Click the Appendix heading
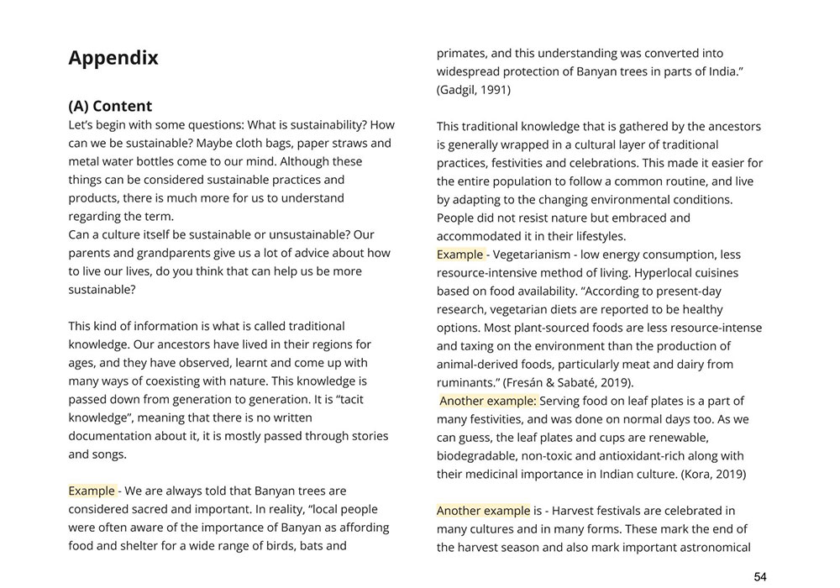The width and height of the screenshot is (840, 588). (113, 58)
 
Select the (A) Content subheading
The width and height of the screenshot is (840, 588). (110, 106)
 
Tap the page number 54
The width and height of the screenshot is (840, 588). (759, 576)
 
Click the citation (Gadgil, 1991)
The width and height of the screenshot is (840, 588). (473, 90)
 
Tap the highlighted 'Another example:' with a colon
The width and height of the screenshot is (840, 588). (487, 401)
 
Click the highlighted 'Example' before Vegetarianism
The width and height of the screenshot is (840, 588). (459, 255)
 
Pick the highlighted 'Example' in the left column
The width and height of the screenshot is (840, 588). (92, 491)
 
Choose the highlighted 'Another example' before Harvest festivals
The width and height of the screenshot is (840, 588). (483, 511)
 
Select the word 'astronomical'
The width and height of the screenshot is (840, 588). (711, 548)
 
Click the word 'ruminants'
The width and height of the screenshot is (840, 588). (465, 382)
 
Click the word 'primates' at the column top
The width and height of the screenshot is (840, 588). (462, 53)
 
